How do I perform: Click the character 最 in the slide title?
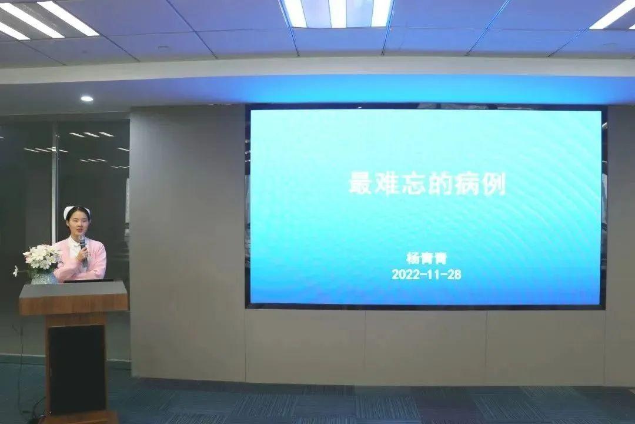[361, 184]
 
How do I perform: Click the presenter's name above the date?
[426, 259]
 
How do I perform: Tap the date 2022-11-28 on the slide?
[426, 274]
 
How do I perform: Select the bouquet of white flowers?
[41, 258]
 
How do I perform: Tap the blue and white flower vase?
[44, 277]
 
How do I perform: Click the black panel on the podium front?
[77, 369]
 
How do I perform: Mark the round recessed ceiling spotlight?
[86, 98]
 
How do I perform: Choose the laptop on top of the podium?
[88, 280]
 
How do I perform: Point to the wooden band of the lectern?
[73, 304]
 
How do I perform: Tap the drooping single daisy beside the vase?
[16, 271]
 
